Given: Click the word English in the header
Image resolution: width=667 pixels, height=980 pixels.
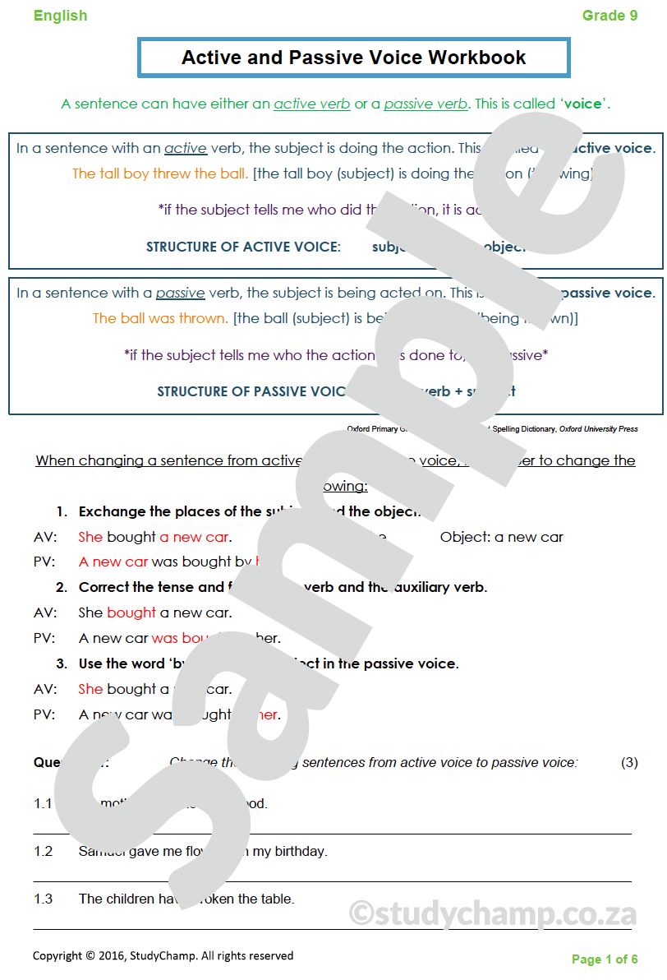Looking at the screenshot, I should (60, 16).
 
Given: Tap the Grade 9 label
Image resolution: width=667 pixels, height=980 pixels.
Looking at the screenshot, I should (609, 16).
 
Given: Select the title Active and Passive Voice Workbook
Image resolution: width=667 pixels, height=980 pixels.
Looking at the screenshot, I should (353, 58).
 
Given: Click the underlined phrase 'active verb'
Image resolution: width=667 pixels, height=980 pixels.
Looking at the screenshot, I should (311, 104).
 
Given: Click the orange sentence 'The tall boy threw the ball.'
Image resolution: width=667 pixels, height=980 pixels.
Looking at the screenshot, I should (160, 173).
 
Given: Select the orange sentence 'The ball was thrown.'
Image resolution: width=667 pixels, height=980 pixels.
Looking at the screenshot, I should (160, 318).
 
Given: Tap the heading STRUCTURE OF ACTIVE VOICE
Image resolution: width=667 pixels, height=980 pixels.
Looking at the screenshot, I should (243, 247).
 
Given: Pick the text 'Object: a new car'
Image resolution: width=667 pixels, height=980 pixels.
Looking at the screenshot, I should (501, 537).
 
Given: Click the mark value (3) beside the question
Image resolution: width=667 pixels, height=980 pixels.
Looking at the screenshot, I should (629, 762).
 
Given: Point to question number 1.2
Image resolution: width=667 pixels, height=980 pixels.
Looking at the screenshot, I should (43, 851).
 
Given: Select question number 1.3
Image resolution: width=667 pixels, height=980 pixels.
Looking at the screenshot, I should (43, 899).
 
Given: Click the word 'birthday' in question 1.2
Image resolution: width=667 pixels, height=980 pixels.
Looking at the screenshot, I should (301, 851).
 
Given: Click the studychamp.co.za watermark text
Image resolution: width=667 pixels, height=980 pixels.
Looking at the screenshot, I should (493, 913).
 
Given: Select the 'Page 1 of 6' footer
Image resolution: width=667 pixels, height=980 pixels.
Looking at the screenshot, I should (605, 959).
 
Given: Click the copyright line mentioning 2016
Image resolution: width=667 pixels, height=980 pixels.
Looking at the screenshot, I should (163, 955).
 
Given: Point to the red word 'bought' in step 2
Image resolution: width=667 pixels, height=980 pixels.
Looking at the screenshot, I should (131, 612).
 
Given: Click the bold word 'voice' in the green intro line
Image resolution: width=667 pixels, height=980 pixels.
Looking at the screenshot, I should (582, 104).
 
